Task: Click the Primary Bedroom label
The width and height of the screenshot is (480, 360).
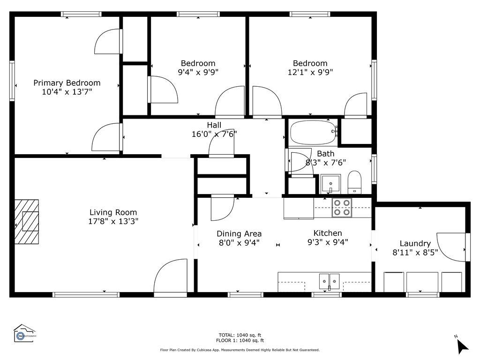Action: pos(67,83)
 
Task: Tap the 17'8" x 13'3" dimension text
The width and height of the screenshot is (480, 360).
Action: pos(113,221)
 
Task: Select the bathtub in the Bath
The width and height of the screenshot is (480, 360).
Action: pos(313,132)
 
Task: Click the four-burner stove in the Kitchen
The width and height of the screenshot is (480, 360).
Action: pos(342,208)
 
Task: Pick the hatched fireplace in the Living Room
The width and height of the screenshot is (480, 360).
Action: pos(27,222)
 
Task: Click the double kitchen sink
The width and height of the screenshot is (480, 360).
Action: pos(329,282)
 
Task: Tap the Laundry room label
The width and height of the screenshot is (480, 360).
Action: pos(415,243)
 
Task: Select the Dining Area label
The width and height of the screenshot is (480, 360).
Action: pos(239,234)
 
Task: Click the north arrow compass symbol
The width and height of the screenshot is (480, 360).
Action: pos(462,345)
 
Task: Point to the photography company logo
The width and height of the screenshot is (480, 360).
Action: pos(24,333)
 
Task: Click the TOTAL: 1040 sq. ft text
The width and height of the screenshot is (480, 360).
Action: pos(240,335)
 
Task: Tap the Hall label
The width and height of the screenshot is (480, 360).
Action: pos(214,125)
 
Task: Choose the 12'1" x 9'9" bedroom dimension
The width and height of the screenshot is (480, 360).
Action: pos(310,72)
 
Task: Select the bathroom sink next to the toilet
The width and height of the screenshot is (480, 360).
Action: pos(330,184)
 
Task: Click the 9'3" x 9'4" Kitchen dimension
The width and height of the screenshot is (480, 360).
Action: pos(328,242)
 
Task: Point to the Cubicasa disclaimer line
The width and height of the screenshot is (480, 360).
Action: pos(240,350)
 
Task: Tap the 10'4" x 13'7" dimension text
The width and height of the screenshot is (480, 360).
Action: pos(67,92)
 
